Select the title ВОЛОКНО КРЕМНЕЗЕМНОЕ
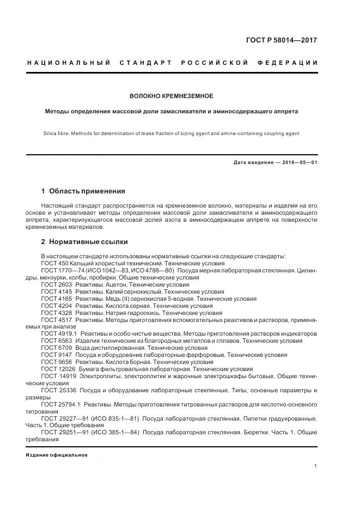(171, 96)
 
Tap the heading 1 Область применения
(83, 191)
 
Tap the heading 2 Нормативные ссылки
(84, 242)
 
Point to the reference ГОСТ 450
(53, 263)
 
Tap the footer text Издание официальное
(57, 454)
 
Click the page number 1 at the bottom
(316, 465)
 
